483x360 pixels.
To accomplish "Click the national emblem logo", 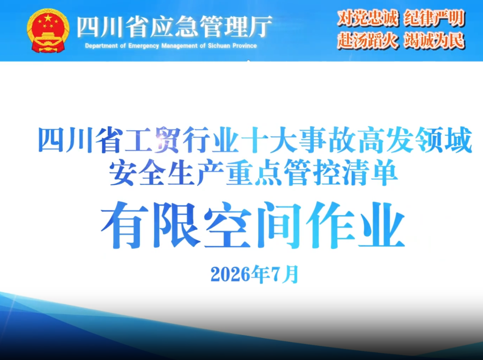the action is pos(48,31).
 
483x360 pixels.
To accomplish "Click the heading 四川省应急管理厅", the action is pos(174,27).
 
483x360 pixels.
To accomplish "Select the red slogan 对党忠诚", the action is pos(368,18).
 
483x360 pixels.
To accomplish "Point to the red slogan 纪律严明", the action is pos(434,18).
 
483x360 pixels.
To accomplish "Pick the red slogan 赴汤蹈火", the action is pos(368,40).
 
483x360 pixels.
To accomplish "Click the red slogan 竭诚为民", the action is pos(434,40).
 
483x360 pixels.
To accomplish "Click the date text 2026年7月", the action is pos(255,274).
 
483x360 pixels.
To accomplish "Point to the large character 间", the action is pos(279,225).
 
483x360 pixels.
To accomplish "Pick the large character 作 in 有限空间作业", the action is pos(330,225).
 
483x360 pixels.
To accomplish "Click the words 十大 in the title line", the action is pos(270,140).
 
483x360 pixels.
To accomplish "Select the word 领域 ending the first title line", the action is pos(444,140).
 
